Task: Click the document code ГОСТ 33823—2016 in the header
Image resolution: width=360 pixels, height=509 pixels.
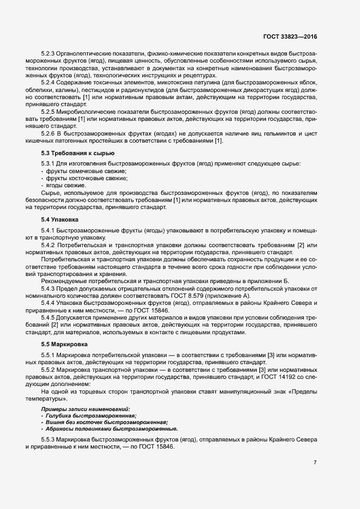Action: [289, 36]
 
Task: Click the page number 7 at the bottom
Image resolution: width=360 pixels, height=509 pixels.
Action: [315, 463]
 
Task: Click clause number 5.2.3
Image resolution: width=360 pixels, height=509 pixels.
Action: [49, 53]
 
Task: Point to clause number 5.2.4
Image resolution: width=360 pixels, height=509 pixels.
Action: [49, 82]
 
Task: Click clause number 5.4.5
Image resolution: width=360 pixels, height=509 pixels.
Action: [49, 317]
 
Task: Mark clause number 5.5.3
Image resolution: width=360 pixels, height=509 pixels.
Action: [49, 439]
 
